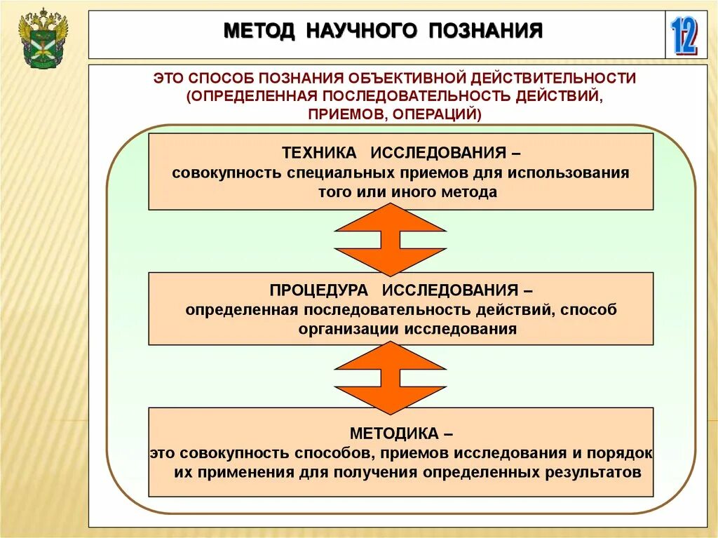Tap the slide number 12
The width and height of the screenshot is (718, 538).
click(684, 36)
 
